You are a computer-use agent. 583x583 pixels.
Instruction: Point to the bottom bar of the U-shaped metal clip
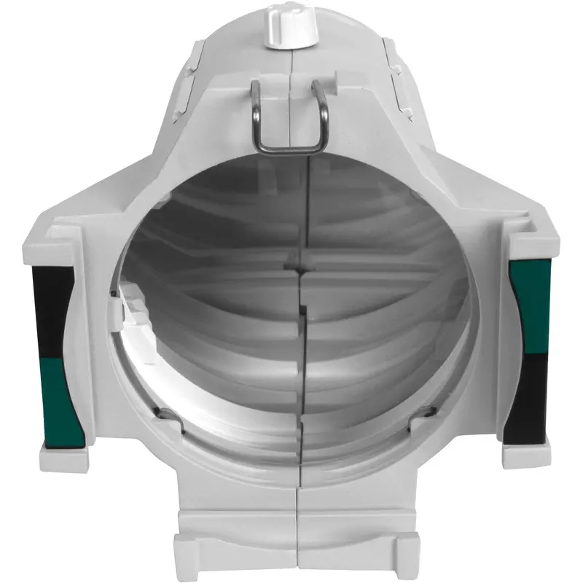pyautogui.click(x=289, y=148)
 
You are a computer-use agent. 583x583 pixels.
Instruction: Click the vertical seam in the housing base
pyautogui.click(x=297, y=532)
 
